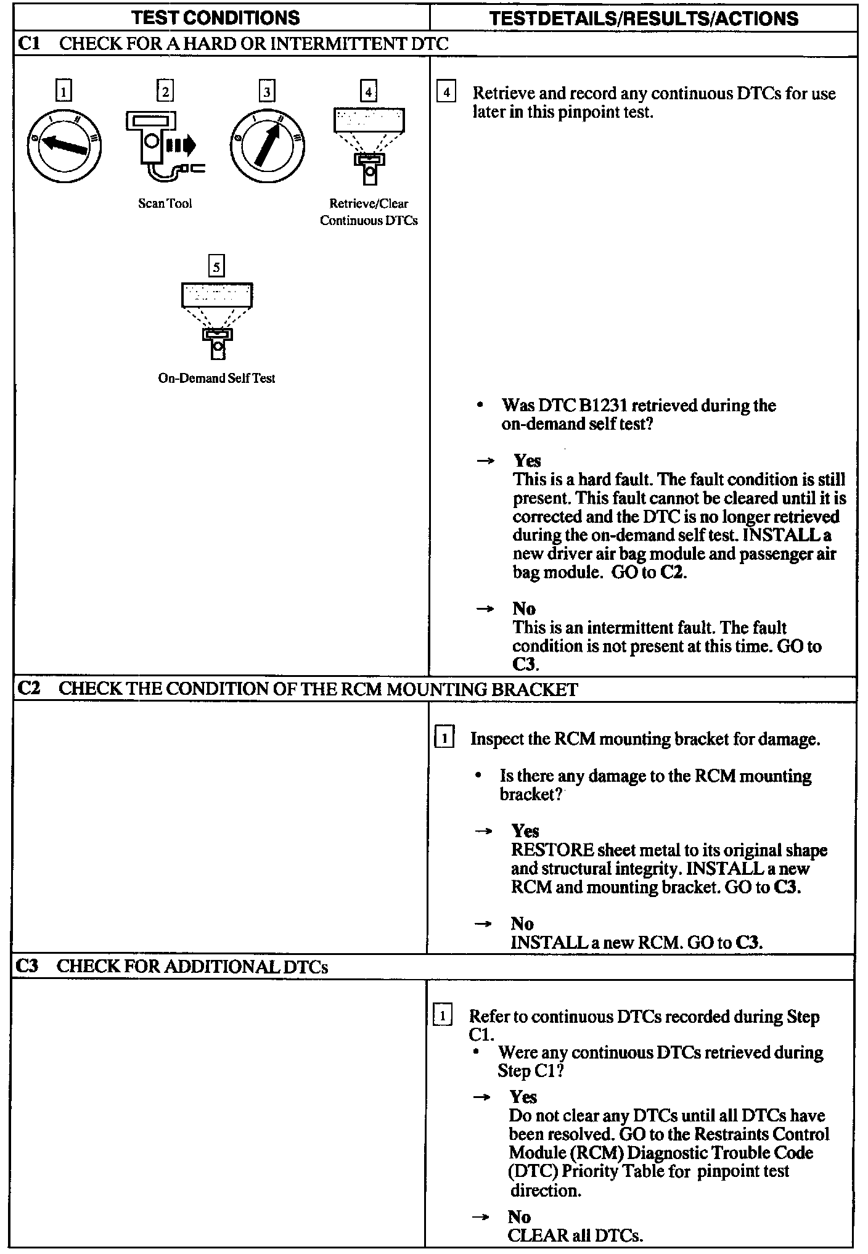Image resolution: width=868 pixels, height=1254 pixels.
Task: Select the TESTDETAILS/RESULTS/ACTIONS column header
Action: [644, 18]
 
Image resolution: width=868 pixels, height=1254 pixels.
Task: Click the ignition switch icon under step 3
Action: [266, 146]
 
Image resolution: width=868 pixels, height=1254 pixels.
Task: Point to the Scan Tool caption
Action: [165, 203]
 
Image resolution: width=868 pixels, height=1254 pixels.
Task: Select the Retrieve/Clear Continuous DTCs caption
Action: [369, 212]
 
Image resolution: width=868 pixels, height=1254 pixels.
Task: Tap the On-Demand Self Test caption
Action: [216, 379]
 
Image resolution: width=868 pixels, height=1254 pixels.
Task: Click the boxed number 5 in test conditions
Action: [216, 266]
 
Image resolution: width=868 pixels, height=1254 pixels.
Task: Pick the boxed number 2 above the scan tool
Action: [165, 92]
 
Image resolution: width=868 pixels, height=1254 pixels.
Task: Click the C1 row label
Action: [29, 44]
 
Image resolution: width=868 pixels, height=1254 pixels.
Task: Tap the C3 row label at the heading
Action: [28, 966]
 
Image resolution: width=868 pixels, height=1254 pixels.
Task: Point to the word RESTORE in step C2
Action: [552, 850]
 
